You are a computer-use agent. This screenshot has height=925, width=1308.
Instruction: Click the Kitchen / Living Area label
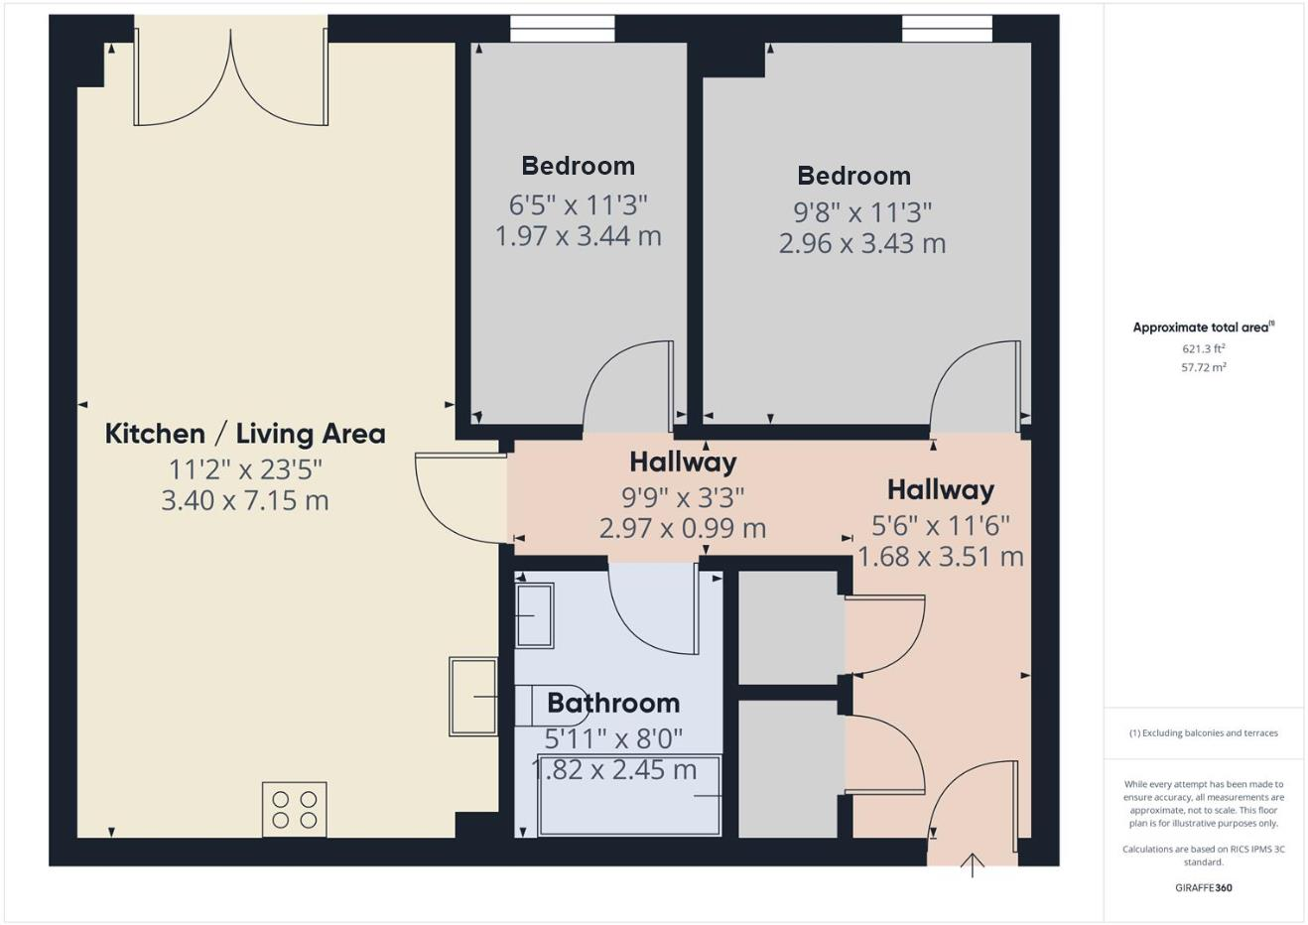(245, 434)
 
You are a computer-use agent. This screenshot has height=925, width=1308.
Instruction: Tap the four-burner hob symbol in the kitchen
(295, 809)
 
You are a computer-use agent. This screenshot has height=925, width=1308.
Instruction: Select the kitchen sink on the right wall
(473, 697)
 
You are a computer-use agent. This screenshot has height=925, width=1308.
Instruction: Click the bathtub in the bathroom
(629, 795)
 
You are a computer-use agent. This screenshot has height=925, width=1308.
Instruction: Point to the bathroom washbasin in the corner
(534, 615)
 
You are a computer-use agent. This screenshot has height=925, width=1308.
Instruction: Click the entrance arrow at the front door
(973, 865)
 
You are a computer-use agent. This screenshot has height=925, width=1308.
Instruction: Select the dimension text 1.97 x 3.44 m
(578, 236)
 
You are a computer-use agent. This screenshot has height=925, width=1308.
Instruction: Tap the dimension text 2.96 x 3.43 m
(861, 243)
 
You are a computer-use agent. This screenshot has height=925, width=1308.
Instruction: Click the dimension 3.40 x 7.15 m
(245, 500)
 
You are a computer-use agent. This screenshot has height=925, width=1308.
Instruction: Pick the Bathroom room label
(613, 703)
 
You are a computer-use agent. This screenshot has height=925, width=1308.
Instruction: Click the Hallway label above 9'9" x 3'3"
(683, 462)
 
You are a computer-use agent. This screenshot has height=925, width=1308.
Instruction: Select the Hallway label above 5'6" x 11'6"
(940, 489)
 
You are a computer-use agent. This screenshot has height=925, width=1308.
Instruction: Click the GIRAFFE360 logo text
(1204, 887)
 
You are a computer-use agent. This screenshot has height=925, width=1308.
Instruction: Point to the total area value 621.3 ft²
(1204, 348)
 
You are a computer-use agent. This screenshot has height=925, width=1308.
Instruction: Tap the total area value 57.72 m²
(1204, 367)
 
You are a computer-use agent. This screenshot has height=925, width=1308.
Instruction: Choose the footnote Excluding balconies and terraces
(1204, 733)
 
